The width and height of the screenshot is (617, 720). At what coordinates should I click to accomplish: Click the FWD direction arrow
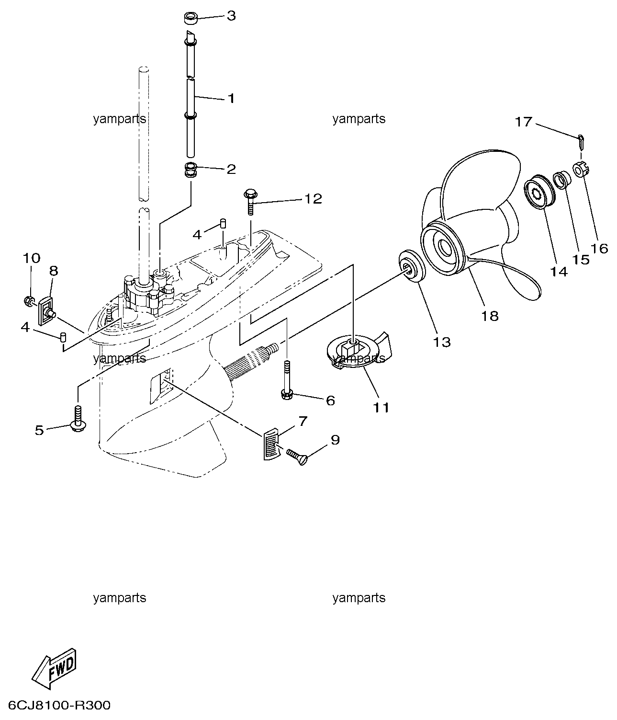pyautogui.click(x=54, y=668)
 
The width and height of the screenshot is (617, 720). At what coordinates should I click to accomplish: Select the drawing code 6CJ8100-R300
pyautogui.click(x=59, y=706)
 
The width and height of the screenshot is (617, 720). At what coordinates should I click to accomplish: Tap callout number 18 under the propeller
pyautogui.click(x=490, y=316)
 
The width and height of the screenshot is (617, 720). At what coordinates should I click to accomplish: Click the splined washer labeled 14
pyautogui.click(x=540, y=192)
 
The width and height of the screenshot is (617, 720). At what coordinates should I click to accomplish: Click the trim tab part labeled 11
pyautogui.click(x=359, y=352)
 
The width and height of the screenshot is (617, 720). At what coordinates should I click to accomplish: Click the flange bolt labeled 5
pyautogui.click(x=79, y=419)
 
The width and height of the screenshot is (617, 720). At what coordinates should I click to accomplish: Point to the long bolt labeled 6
pyautogui.click(x=286, y=380)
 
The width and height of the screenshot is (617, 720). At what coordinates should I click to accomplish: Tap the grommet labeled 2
pyautogui.click(x=190, y=169)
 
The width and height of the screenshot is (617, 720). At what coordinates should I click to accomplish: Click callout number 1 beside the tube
pyautogui.click(x=231, y=98)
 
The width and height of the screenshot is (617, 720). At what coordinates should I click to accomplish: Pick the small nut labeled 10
pyautogui.click(x=29, y=300)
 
